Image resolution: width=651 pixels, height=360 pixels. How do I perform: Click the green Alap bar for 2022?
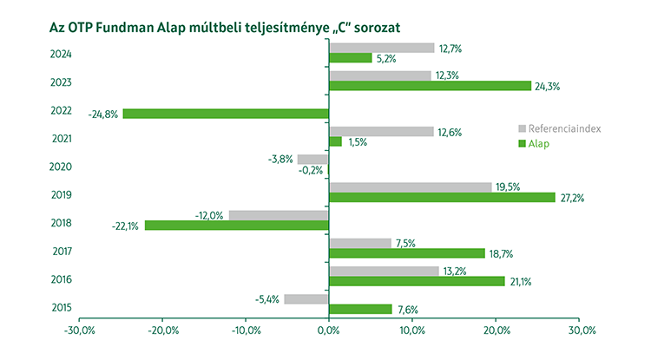pos(226,113)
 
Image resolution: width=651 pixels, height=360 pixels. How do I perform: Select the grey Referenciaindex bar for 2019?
pos(410,187)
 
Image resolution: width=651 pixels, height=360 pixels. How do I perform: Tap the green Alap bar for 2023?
pos(430,85)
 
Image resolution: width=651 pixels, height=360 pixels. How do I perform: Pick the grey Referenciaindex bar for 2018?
pos(279,214)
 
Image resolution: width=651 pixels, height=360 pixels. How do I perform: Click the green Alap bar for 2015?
pos(360,309)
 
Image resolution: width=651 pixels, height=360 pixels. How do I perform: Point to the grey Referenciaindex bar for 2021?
pos(381,131)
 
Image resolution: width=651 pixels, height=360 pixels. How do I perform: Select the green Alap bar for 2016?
pos(417,280)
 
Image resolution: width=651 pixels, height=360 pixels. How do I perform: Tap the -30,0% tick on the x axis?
pos(80,331)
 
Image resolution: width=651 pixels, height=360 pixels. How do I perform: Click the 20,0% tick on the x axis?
pos(496,331)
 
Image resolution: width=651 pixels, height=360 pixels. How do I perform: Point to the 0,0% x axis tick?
pos(330,331)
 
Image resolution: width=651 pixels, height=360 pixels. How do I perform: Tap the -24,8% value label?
pos(103,114)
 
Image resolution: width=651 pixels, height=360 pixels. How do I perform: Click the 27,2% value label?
pos(572,198)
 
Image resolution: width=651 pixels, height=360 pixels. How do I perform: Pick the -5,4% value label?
pos(266,299)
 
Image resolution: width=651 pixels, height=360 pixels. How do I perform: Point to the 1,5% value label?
pos(357,141)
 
